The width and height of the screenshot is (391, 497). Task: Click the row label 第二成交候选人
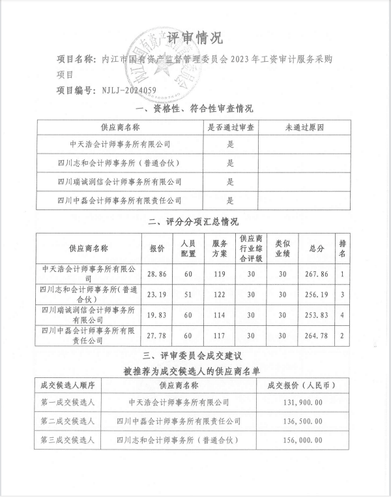tap(68, 421)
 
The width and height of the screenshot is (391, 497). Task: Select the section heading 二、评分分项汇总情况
tap(195, 222)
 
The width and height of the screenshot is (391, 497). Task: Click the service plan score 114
tap(219, 315)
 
